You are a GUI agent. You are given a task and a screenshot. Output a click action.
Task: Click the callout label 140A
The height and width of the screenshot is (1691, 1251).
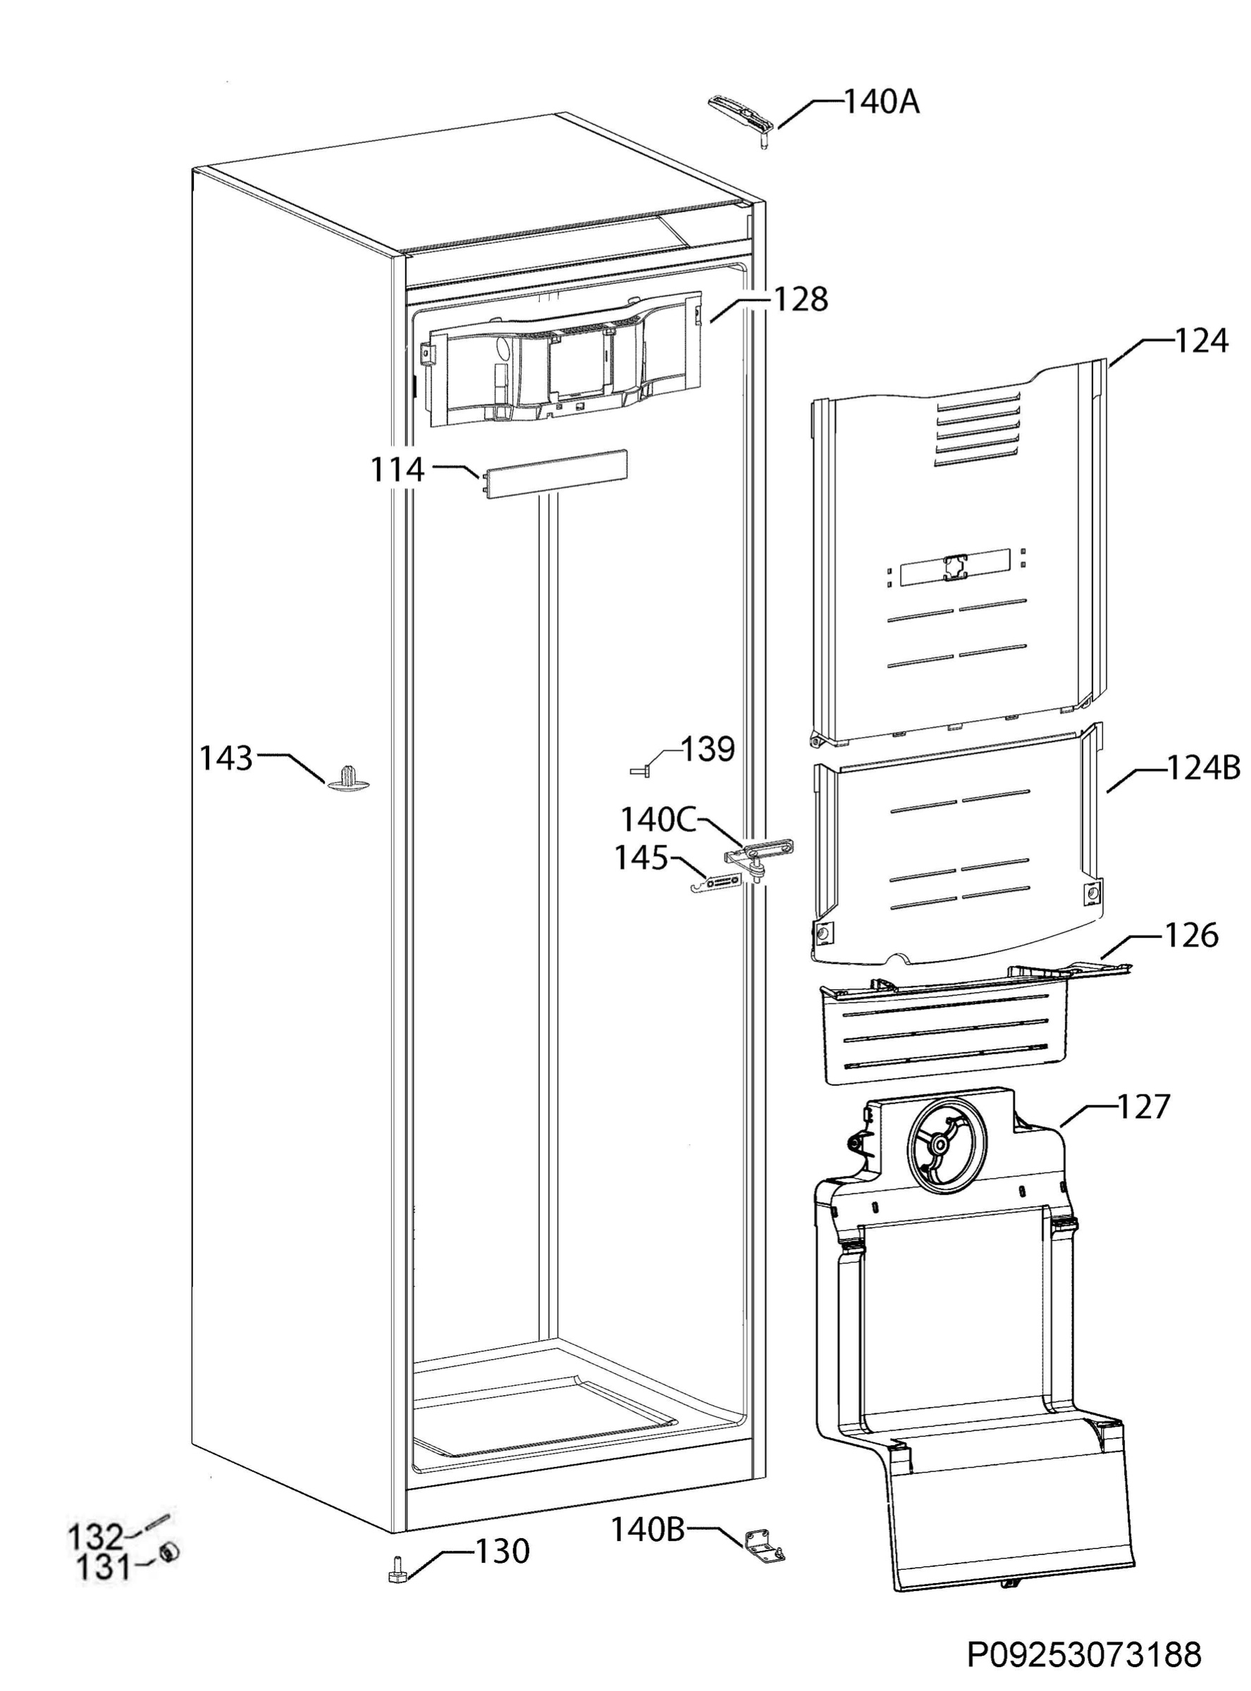pos(882,102)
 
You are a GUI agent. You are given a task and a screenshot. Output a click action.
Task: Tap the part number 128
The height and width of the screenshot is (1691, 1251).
pos(801,299)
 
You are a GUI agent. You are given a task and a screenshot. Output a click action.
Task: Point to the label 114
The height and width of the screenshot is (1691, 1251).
pos(397,470)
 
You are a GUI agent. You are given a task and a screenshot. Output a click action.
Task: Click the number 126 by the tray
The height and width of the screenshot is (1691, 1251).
pos(1191,936)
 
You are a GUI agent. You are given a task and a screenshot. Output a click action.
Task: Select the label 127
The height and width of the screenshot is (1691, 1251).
pos(1143,1107)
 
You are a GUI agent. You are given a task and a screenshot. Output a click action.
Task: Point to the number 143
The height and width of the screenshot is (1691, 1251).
pos(226,757)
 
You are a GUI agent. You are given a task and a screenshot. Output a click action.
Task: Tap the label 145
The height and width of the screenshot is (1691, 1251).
pos(641,858)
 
